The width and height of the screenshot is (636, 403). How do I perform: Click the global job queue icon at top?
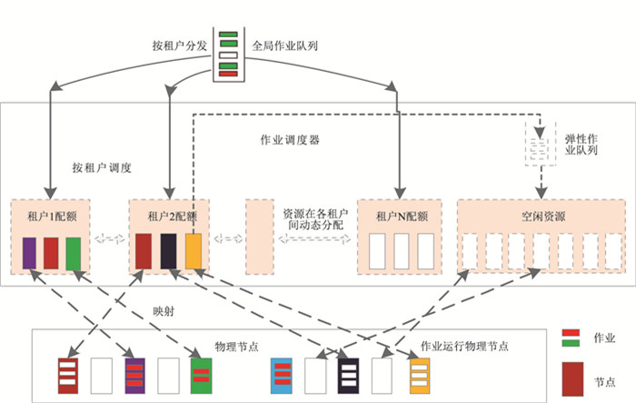click(x=229, y=55)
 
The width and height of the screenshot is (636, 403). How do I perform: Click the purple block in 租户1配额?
click(x=29, y=252)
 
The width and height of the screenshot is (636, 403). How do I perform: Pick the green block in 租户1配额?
click(x=73, y=252)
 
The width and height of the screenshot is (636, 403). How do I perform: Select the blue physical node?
click(x=283, y=373)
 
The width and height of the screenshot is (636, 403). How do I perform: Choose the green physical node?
click(x=202, y=373)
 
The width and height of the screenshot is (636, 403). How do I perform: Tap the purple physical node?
click(x=135, y=373)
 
